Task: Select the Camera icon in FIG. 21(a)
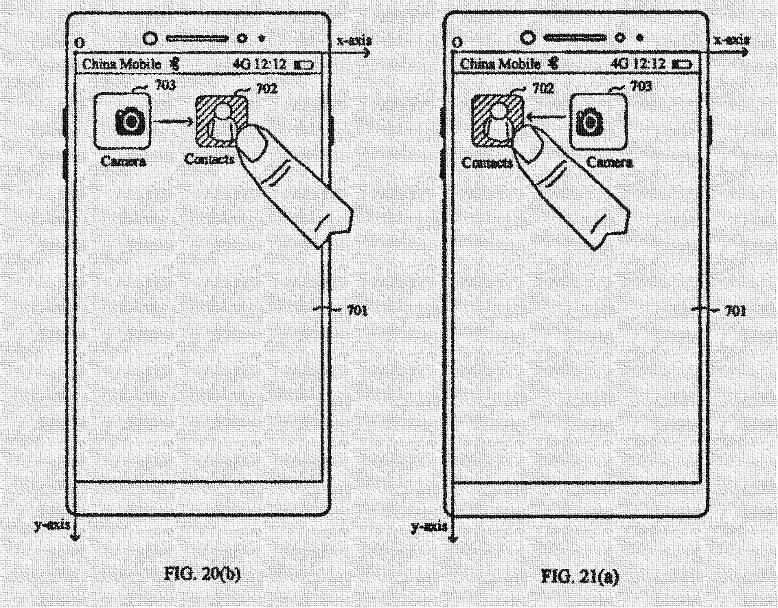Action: (598, 122)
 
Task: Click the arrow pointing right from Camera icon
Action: (172, 122)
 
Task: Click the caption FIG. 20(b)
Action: (207, 573)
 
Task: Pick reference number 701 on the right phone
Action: (734, 311)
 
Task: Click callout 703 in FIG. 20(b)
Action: (165, 85)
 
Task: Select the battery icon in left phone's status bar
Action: (304, 65)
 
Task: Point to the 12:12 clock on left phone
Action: (271, 65)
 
